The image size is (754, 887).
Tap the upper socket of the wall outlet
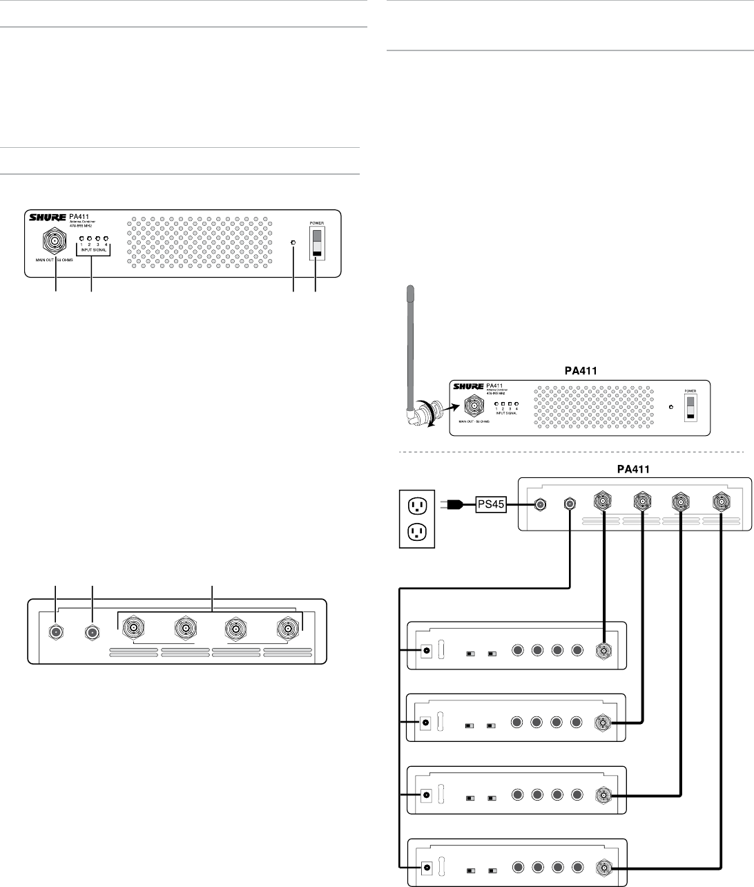coord(418,506)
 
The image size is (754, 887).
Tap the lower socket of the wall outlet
coord(418,533)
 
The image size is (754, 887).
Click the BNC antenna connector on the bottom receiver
coord(606,866)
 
